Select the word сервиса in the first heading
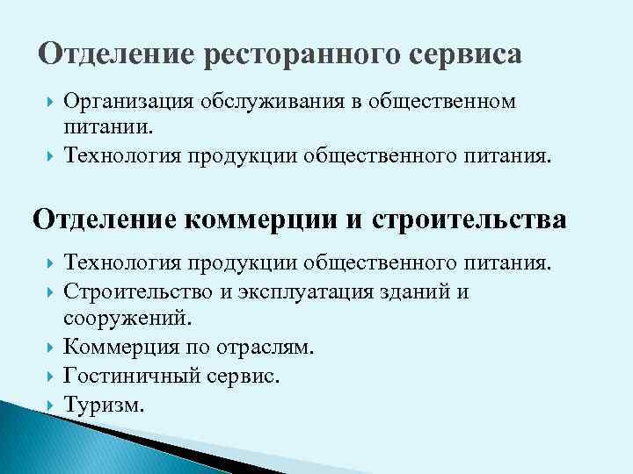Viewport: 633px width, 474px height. coord(465,55)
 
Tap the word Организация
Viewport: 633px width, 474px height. coord(128,103)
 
